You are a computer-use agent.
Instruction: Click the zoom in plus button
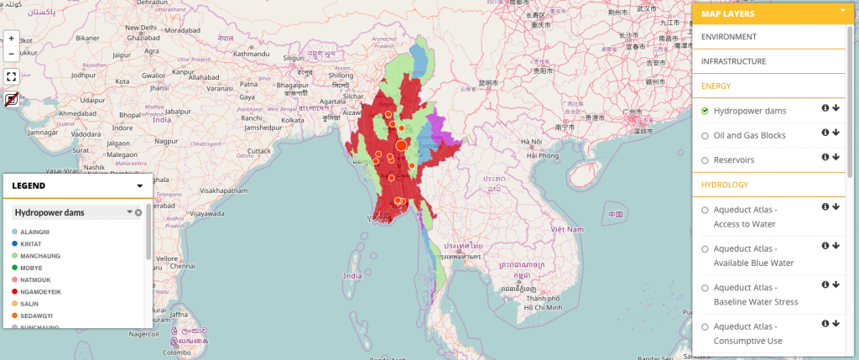coord(11,39)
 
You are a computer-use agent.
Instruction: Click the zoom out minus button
coord(11,54)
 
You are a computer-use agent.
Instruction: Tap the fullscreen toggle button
coord(11,76)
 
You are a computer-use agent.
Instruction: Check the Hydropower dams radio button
coord(705,111)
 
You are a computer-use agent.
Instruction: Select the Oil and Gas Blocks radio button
coord(705,135)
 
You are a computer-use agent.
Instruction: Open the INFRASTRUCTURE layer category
coord(733,61)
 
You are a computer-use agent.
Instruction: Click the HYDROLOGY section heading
coord(725,184)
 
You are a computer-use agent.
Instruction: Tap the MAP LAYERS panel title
coord(728,13)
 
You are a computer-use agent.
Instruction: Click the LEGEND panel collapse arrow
coord(140,185)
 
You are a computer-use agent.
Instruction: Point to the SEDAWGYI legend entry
coord(36,316)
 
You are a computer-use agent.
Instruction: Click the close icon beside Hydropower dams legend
coord(138,212)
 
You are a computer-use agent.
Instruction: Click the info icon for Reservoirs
coord(825,157)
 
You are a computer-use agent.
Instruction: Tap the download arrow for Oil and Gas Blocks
coord(836,133)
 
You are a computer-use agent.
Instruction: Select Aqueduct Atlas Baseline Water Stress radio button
coord(705,287)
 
